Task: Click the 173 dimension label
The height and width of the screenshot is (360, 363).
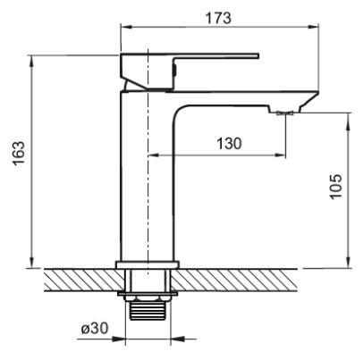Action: click(218, 18)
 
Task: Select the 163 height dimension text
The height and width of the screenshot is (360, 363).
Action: click(19, 153)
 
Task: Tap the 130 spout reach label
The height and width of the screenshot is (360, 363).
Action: click(229, 144)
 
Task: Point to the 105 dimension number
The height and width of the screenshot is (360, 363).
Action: click(336, 187)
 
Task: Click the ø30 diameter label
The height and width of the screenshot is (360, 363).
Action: click(95, 329)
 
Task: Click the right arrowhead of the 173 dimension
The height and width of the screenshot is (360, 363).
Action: click(313, 27)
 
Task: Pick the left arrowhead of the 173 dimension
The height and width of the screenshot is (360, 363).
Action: click(126, 27)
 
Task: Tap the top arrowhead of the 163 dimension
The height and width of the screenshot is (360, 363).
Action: click(31, 62)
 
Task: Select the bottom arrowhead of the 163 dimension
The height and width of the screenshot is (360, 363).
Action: click(31, 263)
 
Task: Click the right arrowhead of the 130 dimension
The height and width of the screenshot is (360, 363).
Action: click(280, 155)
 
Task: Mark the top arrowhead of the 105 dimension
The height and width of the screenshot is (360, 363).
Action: click(349, 119)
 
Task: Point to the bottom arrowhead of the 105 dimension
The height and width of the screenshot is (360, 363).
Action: click(349, 263)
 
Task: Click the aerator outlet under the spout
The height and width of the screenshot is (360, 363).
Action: click(285, 113)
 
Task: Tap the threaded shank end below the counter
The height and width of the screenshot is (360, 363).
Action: click(148, 311)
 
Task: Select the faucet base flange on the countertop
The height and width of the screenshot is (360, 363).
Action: click(148, 264)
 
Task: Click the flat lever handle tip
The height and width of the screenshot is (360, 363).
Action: click(257, 56)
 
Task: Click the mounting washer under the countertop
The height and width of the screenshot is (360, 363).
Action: click(148, 294)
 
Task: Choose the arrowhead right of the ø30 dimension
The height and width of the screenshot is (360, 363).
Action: click(177, 339)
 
